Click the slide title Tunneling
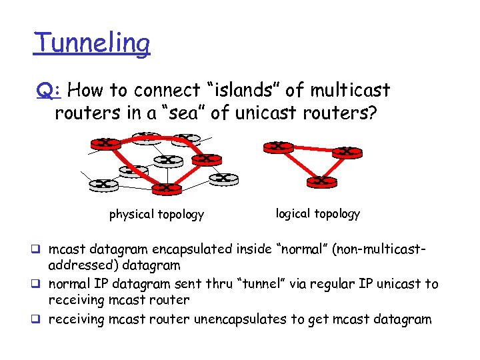(x=92, y=43)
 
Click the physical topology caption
(x=157, y=215)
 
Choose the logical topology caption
(x=318, y=213)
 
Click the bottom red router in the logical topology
(x=321, y=181)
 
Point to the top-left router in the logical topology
(x=278, y=147)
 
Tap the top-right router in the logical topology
(x=346, y=152)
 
